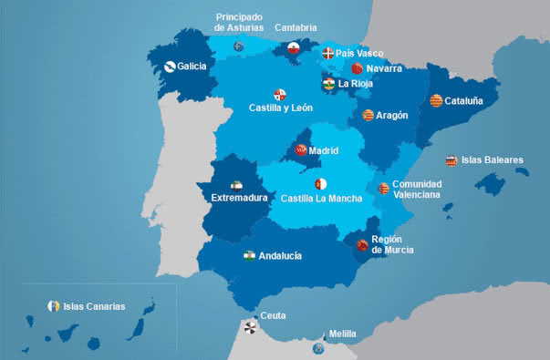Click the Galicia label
[192, 67]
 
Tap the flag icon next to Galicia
[170, 66]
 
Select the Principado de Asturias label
[238, 22]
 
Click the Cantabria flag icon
[294, 48]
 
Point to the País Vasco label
[359, 54]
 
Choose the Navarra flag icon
[357, 68]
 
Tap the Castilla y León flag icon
[280, 94]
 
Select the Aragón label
[391, 116]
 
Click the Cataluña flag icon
[436, 100]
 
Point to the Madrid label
[324, 150]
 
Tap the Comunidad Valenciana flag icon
[384, 189]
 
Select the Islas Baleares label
[493, 160]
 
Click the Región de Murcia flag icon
[362, 244]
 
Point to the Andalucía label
[280, 256]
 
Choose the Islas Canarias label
[94, 306]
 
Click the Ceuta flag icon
[250, 324]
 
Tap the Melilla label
[342, 334]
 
